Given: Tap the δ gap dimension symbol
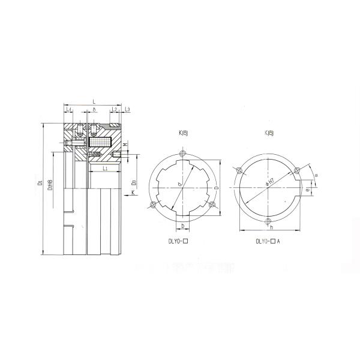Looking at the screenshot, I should pos(94,110).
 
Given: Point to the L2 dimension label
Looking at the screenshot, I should pos(114,110).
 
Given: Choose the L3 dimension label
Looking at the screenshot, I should pos(128,110).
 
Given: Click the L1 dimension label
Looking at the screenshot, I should pos(105,169).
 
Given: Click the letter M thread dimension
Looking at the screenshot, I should pos(124,145).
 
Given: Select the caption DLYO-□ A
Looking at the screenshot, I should pos(268,241).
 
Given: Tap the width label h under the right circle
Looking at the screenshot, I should pos(271,229).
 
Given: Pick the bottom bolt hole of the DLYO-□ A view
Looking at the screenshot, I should pos(266,223).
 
